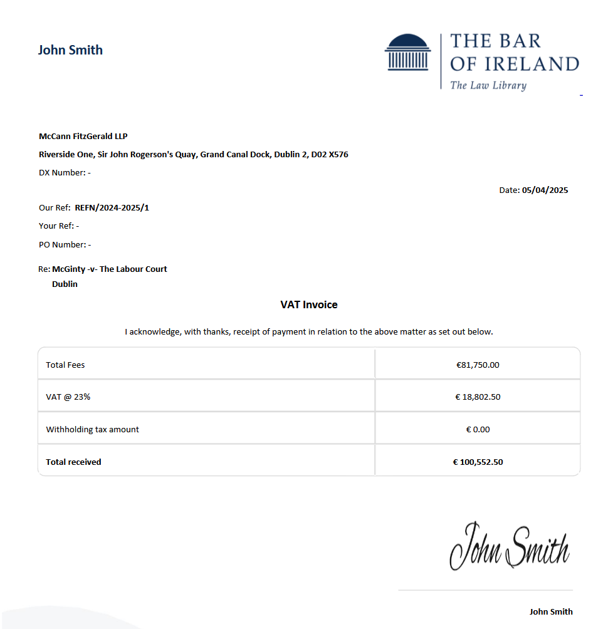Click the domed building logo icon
(408, 52)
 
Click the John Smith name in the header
(70, 50)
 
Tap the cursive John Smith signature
(509, 546)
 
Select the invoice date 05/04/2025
(545, 190)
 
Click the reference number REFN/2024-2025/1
(112, 207)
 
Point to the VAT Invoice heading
(308, 305)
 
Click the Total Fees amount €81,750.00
(478, 365)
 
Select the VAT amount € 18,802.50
(478, 397)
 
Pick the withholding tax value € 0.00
(478, 430)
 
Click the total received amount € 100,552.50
(478, 462)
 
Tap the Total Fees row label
(65, 365)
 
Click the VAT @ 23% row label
(68, 397)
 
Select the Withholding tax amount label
(92, 430)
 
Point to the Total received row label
(73, 462)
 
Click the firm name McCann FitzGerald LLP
(83, 137)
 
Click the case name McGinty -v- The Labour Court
(110, 269)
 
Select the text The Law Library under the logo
(488, 86)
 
